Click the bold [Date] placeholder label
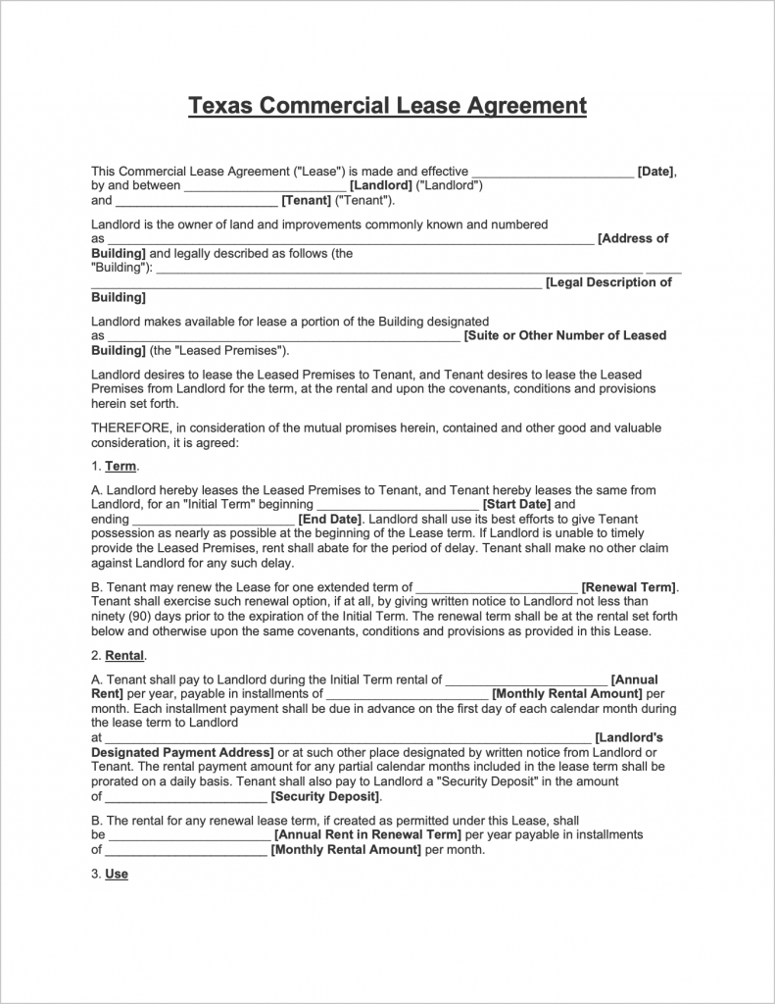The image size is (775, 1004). click(x=655, y=172)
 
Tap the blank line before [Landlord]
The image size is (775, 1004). click(x=265, y=185)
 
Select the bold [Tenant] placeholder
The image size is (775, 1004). click(x=306, y=201)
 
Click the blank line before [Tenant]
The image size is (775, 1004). click(x=196, y=201)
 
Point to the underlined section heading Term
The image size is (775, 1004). click(x=121, y=467)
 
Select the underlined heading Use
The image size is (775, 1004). click(x=117, y=874)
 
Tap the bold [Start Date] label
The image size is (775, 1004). click(x=516, y=505)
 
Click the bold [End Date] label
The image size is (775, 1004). click(x=330, y=520)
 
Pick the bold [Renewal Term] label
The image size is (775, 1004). click(x=628, y=588)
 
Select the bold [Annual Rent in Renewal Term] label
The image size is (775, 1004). click(x=367, y=835)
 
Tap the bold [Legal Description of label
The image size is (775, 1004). click(x=608, y=282)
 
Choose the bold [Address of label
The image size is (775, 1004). click(x=633, y=238)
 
